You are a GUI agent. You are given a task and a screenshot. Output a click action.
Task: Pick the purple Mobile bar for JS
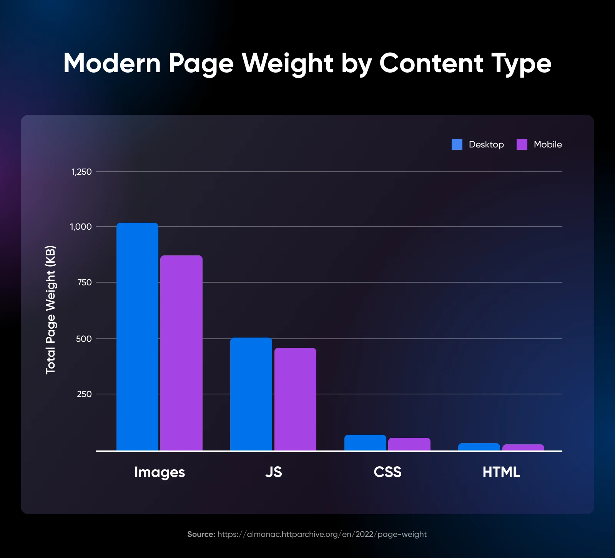[295, 399]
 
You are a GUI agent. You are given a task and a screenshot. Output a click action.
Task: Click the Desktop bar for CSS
[365, 443]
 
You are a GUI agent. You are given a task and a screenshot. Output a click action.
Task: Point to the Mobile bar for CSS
[409, 444]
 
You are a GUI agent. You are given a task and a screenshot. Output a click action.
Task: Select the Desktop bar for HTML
[479, 447]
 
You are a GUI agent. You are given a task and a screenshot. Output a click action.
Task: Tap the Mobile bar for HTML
[523, 447]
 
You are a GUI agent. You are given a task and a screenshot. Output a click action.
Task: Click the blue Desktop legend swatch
[457, 144]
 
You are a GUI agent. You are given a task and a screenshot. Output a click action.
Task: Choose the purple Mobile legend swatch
[522, 144]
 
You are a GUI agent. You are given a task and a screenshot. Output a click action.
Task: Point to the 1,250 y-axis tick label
[81, 172]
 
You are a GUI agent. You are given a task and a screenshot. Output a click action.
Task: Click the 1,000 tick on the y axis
[81, 227]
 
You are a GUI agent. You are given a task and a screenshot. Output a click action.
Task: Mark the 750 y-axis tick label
[84, 282]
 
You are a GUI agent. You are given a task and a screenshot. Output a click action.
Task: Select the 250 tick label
[84, 394]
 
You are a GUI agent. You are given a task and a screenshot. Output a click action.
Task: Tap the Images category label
[160, 472]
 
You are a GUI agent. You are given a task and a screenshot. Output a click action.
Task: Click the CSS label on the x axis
[387, 472]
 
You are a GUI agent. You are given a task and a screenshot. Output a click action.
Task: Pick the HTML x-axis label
[501, 472]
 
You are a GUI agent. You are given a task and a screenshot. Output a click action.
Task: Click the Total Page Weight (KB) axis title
[51, 310]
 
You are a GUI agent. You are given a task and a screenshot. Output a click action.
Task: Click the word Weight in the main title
[287, 63]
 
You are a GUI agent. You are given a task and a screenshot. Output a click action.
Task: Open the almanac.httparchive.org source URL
[322, 534]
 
